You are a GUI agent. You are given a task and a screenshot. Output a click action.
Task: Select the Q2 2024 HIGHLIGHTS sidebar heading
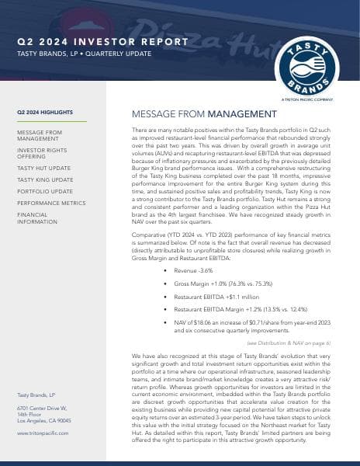point(41,112)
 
